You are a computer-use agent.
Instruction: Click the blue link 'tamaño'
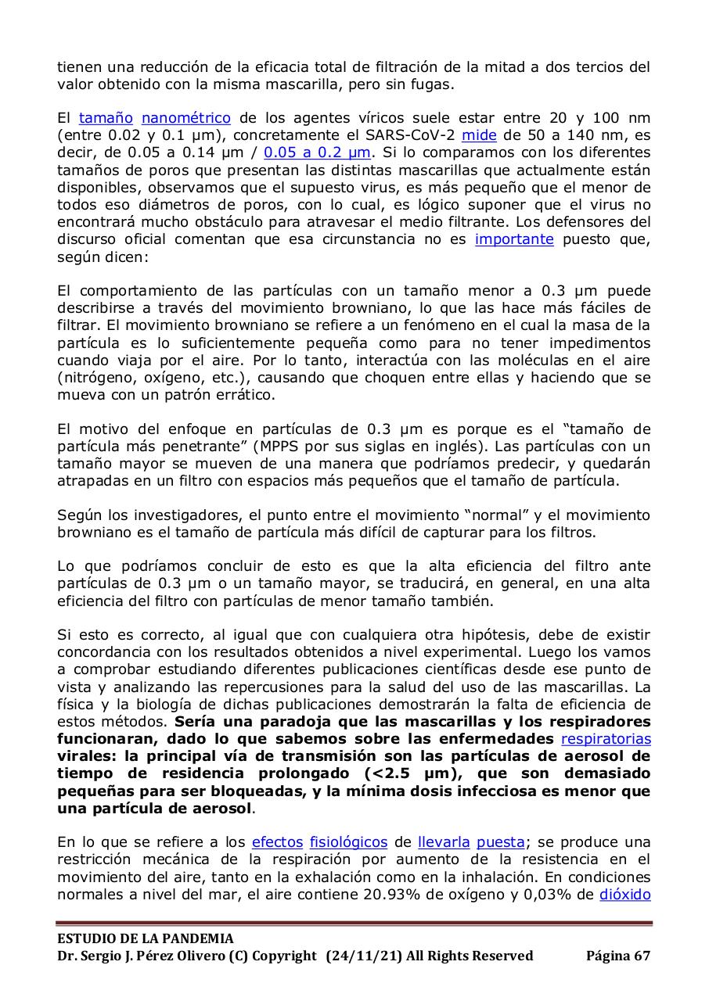[x=106, y=118]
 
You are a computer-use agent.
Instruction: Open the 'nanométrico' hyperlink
[x=185, y=118]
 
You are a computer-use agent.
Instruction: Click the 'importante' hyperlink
[x=514, y=239]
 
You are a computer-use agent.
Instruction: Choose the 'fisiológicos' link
[x=348, y=842]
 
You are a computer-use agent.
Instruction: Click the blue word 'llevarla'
[x=444, y=842]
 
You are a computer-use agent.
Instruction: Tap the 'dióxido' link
[x=625, y=894]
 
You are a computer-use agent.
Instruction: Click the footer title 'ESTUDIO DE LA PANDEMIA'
[x=146, y=938]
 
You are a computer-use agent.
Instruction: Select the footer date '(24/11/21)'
[x=362, y=956]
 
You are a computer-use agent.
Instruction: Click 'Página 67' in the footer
[x=618, y=956]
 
